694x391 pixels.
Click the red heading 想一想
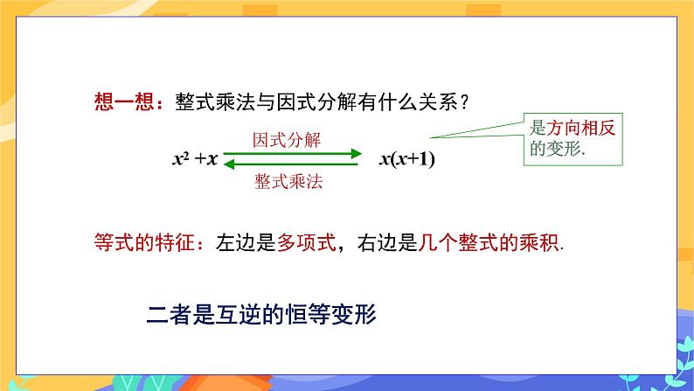click(x=122, y=101)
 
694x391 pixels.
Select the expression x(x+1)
click(x=406, y=159)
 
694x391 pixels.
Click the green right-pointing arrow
click(x=293, y=154)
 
